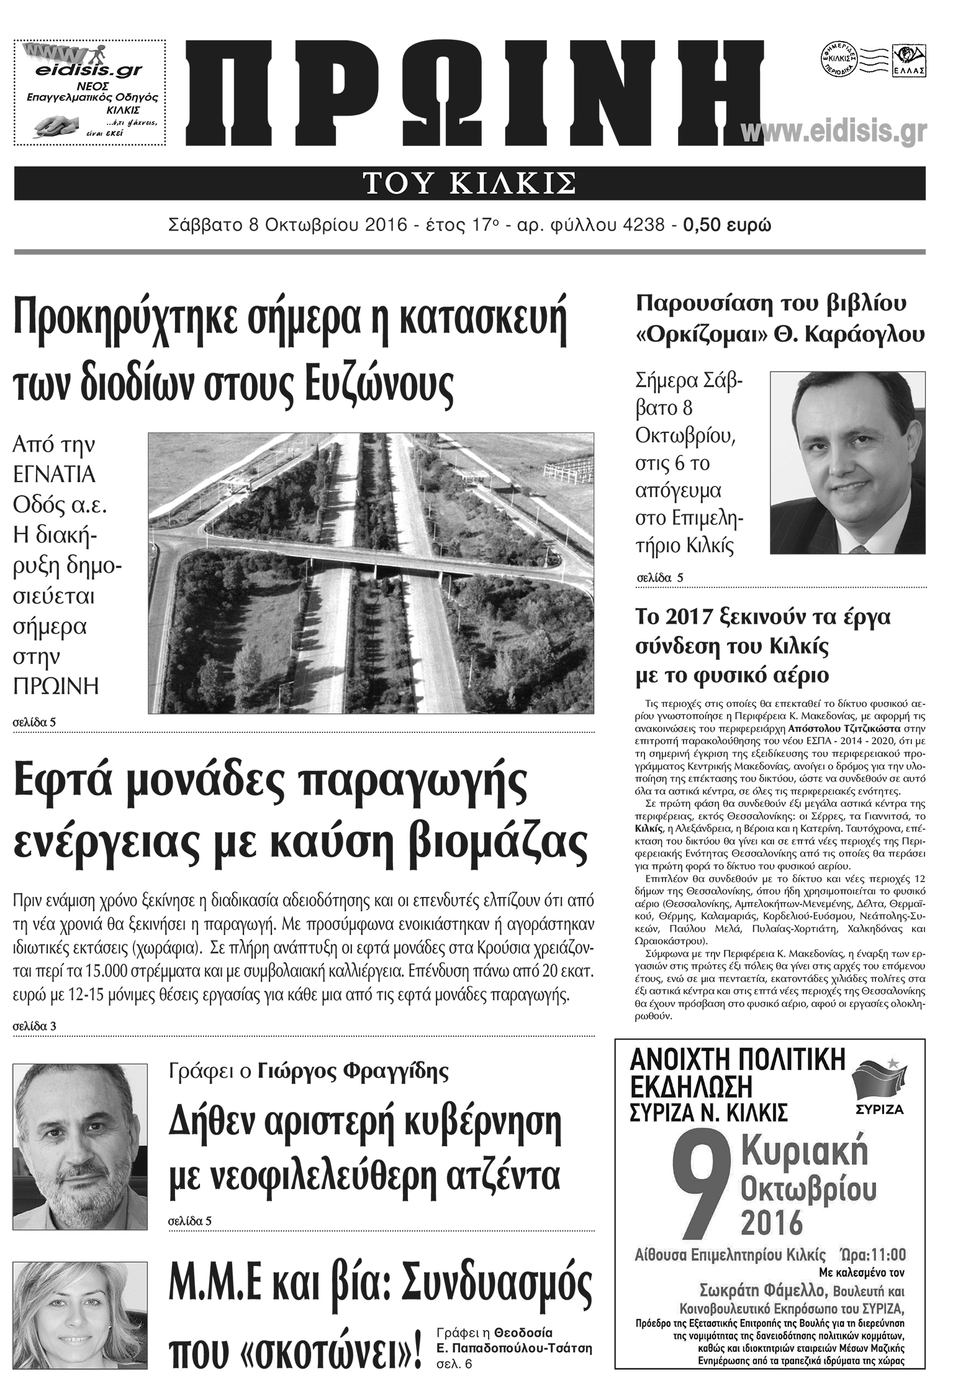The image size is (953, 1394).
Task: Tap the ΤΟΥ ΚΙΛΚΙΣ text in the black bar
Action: (x=469, y=184)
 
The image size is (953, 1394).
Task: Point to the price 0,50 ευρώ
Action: (x=727, y=225)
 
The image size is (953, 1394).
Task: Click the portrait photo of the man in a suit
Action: (x=847, y=462)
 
